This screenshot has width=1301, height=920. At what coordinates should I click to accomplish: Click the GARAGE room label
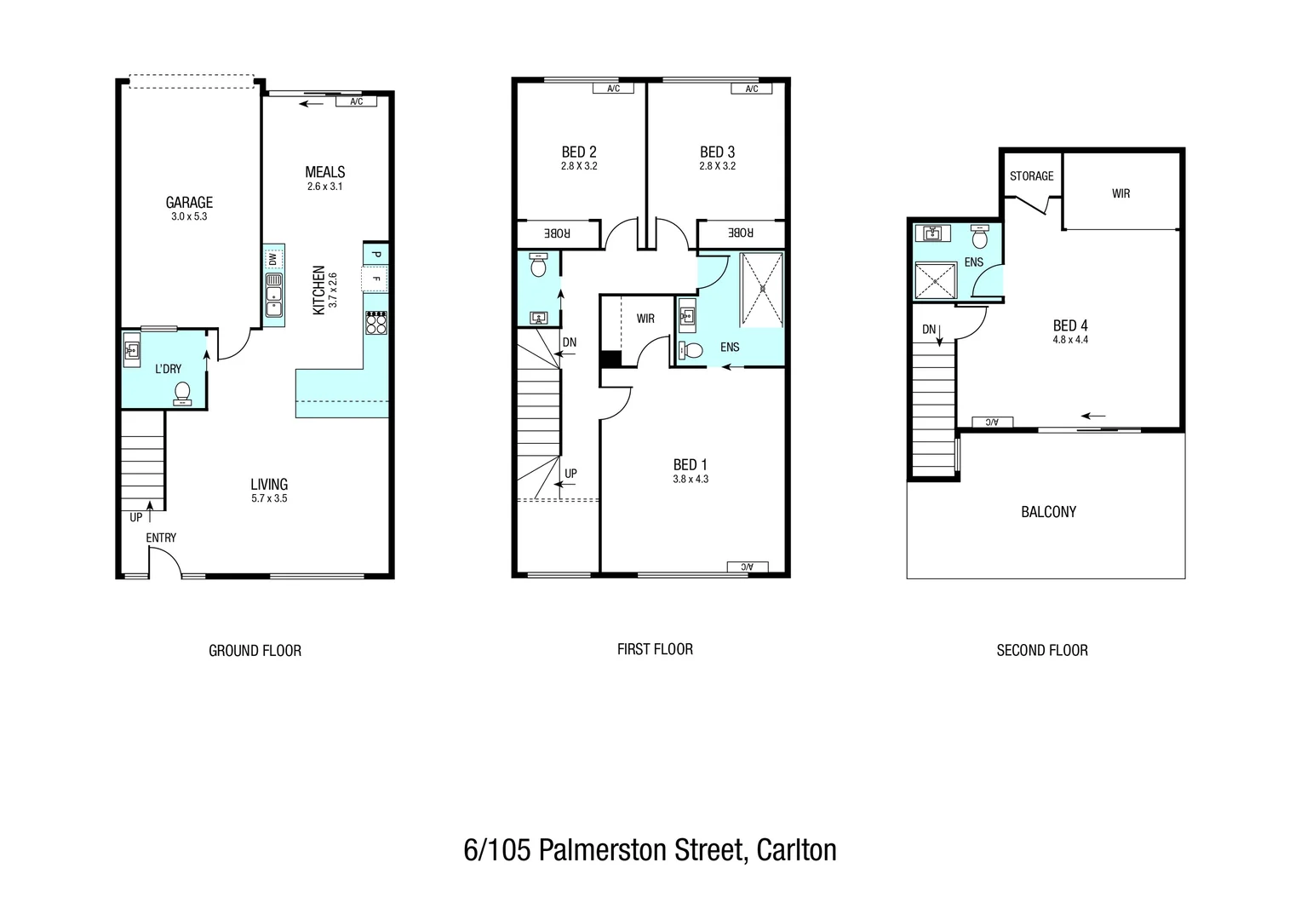(189, 202)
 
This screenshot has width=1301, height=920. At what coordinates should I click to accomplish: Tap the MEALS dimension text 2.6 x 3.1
(324, 187)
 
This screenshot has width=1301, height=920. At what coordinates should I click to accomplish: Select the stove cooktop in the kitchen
(375, 323)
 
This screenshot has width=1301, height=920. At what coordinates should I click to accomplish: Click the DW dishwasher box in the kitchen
(272, 259)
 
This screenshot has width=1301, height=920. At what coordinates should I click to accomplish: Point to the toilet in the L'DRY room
(182, 393)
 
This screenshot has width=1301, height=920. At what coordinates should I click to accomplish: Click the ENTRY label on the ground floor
(161, 538)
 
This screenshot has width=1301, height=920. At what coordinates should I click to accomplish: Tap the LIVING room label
(269, 484)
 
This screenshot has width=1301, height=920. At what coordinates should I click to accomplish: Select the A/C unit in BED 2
(613, 89)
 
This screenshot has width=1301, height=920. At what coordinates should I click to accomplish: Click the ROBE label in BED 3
(741, 233)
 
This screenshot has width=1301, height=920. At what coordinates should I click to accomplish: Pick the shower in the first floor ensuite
(761, 290)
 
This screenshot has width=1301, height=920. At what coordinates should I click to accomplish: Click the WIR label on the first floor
(645, 319)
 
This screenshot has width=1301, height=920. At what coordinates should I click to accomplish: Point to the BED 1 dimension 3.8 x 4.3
(691, 479)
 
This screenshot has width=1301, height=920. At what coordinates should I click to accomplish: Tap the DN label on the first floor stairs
(570, 342)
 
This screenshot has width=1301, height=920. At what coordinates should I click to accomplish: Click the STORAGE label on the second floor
(1031, 176)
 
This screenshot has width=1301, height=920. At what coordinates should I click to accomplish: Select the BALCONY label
(1048, 512)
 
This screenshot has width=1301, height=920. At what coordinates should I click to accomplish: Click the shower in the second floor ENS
(936, 281)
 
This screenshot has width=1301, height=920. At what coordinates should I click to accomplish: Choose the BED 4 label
(1070, 325)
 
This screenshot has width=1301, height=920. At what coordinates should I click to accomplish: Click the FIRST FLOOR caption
(655, 649)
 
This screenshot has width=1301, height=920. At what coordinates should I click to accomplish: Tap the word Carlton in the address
(796, 850)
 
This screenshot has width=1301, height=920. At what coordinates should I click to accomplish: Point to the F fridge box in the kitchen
(375, 279)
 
